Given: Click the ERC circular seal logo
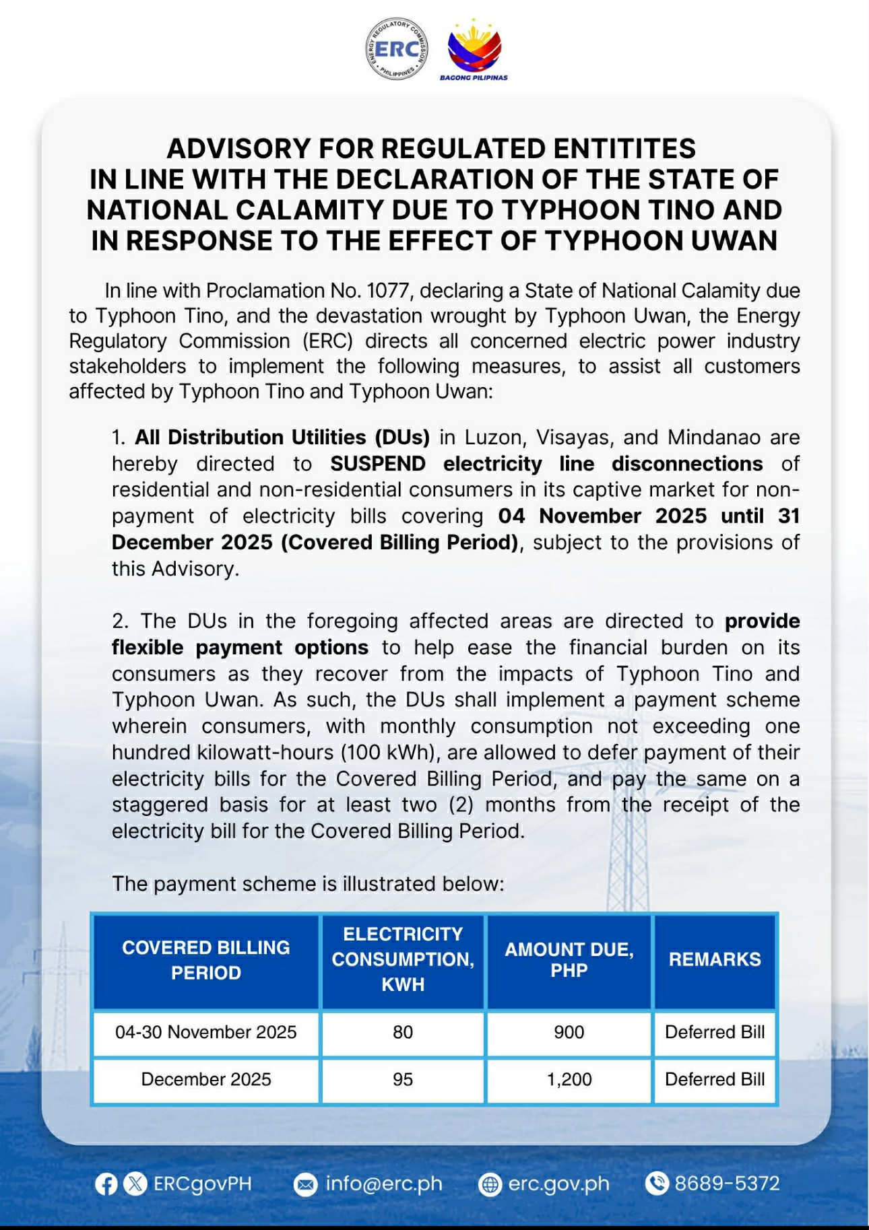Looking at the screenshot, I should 396,50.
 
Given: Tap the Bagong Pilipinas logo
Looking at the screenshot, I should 474,50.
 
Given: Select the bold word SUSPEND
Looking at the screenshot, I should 377,464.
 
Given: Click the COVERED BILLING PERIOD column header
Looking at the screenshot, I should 205,960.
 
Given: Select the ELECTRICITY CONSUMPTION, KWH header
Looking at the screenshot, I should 403,959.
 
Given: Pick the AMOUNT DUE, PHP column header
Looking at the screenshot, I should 569,960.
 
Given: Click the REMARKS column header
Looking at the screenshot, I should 715,959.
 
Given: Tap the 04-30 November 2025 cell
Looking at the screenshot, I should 205,1032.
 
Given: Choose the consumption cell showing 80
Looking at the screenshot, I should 403,1032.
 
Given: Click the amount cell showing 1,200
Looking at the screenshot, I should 569,1079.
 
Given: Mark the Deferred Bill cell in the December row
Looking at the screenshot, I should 715,1079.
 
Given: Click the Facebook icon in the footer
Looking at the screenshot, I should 106,1184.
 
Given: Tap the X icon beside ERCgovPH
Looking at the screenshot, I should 135,1184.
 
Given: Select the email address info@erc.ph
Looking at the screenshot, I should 383,1184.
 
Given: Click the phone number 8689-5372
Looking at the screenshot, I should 727,1184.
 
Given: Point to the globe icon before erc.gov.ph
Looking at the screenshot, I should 490,1184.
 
